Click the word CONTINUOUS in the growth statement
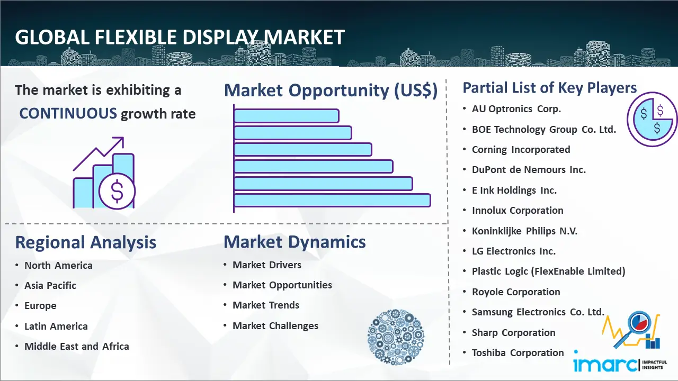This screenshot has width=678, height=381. pos(68,113)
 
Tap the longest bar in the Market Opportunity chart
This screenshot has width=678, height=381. pos(332,201)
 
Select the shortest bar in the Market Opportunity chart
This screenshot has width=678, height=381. pos(286,116)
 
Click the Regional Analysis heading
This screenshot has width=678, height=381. pos(86,242)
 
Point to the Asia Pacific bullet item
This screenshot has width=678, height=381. pos(50,285)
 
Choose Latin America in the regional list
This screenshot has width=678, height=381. pos(56,326)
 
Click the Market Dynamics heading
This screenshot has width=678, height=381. pos(295,242)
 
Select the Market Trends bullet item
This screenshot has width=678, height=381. pos(266,305)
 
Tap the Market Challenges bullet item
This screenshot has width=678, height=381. pos(275,325)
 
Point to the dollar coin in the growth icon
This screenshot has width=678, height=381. pos(117,192)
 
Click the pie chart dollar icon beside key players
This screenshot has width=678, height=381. pos(652,120)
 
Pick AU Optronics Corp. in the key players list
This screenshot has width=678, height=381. pos(516,109)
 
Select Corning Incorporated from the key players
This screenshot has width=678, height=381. pos(521,150)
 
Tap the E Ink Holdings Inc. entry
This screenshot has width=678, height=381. pos(514,190)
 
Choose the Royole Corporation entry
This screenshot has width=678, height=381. pos(516,292)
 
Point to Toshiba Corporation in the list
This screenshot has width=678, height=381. pos(518,353)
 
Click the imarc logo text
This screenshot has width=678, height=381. pos(604,364)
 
